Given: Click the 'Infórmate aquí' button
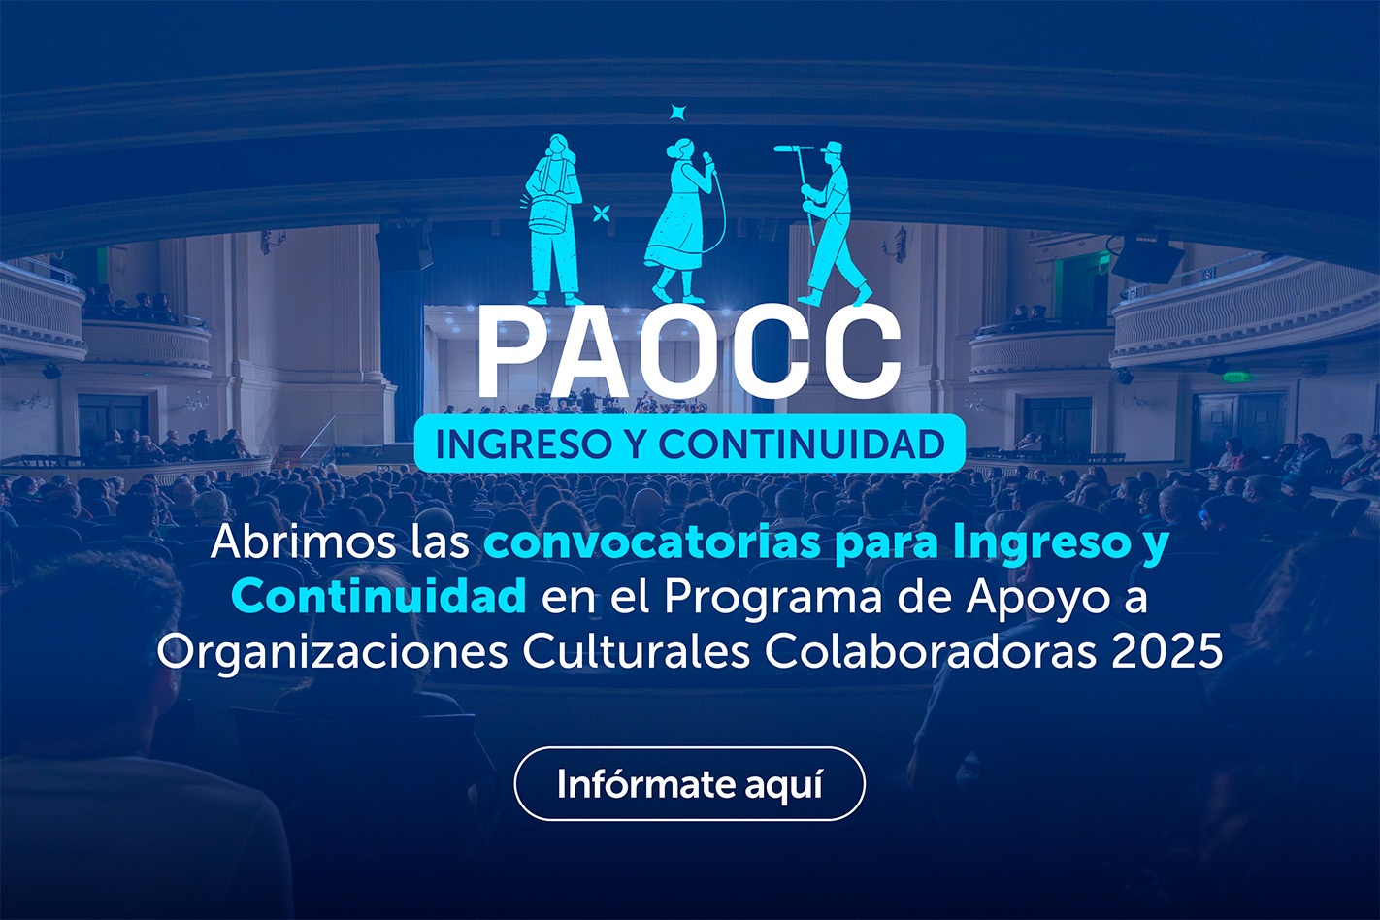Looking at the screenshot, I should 689,783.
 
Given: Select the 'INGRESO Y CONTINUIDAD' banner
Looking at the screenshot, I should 689,444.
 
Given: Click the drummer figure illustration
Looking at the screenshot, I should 554,218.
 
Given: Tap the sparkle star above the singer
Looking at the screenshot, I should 678,113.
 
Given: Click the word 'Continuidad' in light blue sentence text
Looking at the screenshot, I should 379,596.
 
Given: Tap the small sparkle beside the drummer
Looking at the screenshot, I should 602,213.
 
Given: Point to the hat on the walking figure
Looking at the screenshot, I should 831,148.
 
